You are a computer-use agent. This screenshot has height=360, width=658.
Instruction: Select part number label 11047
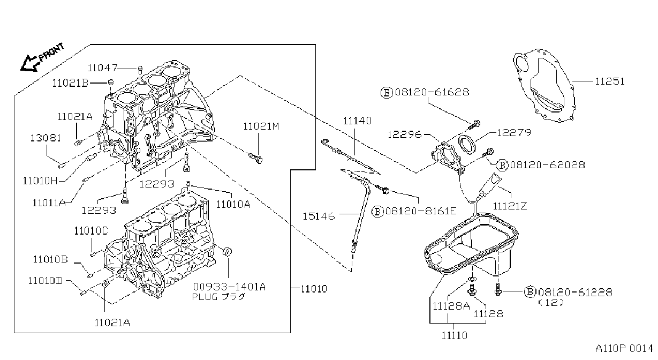102,68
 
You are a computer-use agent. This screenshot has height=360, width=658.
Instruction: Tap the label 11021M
261,126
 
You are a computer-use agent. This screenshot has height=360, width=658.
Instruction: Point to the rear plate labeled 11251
544,85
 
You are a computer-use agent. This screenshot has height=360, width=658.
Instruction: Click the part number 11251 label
610,81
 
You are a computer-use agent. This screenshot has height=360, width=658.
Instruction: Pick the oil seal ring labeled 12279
467,144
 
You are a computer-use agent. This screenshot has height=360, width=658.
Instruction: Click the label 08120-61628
432,92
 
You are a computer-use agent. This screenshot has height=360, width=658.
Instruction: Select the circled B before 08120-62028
502,165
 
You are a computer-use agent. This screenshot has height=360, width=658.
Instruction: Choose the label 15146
319,216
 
